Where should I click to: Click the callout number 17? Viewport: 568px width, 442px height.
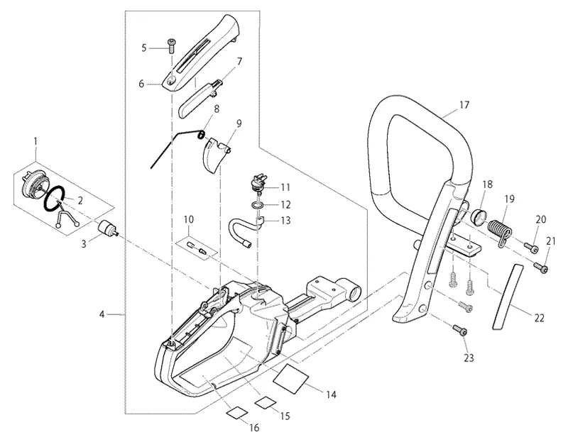464,105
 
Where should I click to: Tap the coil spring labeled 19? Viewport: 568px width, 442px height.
500,231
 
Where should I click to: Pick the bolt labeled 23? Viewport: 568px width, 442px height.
460,330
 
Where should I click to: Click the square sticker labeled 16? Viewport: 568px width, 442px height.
237,412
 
